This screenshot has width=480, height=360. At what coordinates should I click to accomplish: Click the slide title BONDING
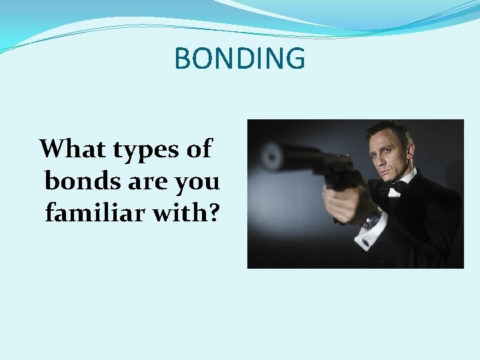tap(239, 59)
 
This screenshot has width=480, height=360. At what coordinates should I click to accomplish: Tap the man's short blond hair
tap(392, 129)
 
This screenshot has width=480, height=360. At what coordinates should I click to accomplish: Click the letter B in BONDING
tap(183, 59)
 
